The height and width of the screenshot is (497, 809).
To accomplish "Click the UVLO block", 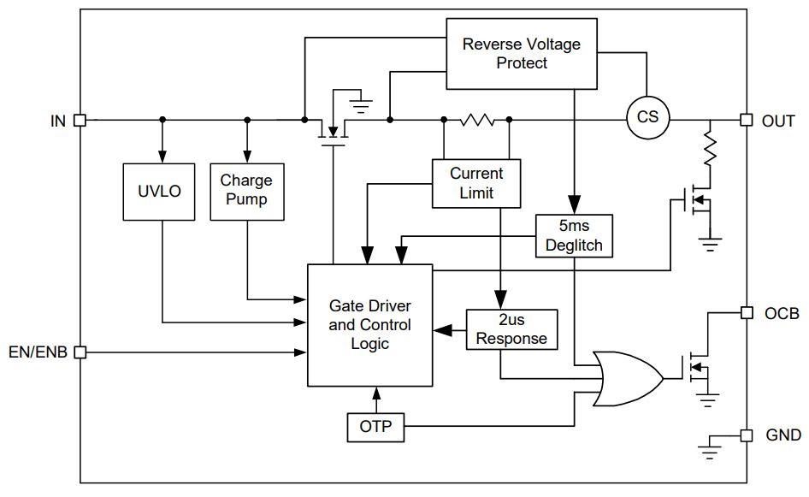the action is click(x=159, y=192).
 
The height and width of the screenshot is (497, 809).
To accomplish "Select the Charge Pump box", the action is click(x=247, y=192).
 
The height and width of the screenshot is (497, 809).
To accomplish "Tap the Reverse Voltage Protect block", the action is click(x=522, y=54).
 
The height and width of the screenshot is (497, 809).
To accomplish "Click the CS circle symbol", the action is click(x=648, y=118).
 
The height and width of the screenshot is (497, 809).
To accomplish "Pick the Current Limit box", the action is click(x=476, y=183).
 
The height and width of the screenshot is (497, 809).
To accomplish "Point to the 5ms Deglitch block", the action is click(x=574, y=236).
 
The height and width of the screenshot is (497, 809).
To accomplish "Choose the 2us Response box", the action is click(x=511, y=329).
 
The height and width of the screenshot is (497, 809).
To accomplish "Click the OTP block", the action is click(x=375, y=427).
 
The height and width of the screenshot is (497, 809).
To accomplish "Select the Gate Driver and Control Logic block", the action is click(x=370, y=325).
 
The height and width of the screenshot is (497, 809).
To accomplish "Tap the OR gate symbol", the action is click(x=629, y=379).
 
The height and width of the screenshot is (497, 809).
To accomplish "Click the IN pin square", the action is click(x=80, y=121).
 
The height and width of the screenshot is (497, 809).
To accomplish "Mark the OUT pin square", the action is click(x=746, y=120).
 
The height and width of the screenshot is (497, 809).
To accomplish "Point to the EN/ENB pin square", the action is click(x=80, y=352).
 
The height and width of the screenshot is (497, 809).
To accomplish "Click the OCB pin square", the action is click(x=746, y=313).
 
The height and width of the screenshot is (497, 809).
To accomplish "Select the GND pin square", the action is click(x=746, y=435).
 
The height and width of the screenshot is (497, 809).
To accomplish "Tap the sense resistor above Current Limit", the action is click(x=476, y=121).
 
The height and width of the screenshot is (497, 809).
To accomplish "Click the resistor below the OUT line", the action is click(x=711, y=149).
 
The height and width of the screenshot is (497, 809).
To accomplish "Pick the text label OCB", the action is click(x=782, y=314).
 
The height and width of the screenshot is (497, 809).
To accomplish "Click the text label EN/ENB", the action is click(x=38, y=352).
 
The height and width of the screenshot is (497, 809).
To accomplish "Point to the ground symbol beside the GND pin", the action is click(x=710, y=447).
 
